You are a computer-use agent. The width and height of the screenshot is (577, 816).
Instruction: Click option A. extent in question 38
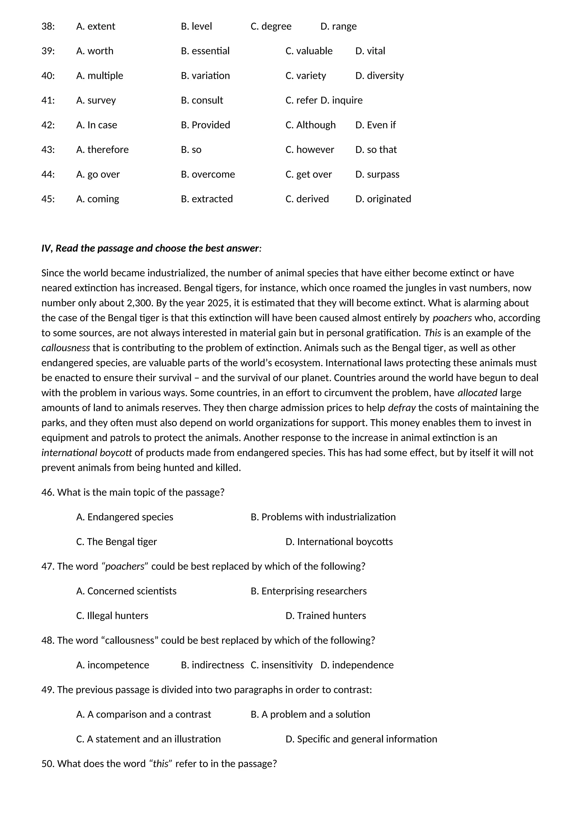pos(96,26)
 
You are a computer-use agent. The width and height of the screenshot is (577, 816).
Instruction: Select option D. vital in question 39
pos(370,51)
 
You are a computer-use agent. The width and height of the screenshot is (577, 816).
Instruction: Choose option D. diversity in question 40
pos(379,76)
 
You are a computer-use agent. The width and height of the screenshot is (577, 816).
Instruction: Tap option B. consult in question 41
pos(202,100)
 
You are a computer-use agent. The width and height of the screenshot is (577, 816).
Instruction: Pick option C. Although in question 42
pos(310,125)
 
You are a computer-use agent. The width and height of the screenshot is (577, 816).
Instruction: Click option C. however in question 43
pos(309,150)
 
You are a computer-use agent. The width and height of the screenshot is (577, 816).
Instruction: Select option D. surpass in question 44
pos(377,174)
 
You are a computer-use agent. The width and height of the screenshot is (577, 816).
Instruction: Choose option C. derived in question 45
pos(307,199)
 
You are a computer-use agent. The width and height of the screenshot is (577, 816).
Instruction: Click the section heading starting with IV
pos(151,248)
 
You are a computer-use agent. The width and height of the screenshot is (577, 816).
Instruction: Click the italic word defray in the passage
pos(401,408)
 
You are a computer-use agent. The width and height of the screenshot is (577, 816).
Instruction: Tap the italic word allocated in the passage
pos(477,393)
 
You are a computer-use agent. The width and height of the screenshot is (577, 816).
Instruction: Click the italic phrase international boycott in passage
pos(87,453)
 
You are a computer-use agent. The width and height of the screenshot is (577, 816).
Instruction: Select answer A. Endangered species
pos(125,517)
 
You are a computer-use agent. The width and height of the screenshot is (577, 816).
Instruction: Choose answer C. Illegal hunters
pos(112,616)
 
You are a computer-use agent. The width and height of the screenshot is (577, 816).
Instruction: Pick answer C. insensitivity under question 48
pos(281,665)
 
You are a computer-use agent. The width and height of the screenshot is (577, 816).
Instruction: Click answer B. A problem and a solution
pos(310,714)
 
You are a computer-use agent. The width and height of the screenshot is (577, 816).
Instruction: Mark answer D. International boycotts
pos(339,542)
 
